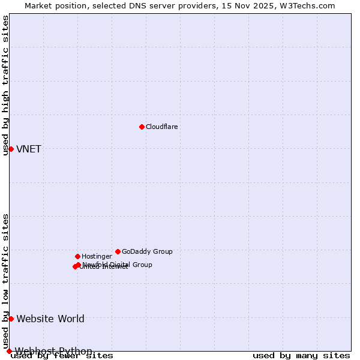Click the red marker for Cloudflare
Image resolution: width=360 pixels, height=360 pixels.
(142, 127)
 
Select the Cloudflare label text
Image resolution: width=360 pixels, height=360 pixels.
(162, 127)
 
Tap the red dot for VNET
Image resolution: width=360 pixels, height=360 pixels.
(11, 149)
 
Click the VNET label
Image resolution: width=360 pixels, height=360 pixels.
(29, 149)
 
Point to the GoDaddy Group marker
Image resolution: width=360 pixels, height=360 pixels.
(118, 251)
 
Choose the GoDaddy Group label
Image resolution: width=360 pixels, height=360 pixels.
(147, 251)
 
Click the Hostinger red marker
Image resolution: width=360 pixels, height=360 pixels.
(77, 256)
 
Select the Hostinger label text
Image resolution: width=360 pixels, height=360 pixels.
(97, 256)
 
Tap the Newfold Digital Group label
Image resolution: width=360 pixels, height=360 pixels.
(118, 265)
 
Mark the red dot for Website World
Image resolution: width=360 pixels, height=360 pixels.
(11, 319)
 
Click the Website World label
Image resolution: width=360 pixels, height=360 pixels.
(50, 319)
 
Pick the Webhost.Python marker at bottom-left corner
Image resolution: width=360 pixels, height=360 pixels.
(9, 351)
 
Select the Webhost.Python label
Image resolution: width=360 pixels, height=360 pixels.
(53, 351)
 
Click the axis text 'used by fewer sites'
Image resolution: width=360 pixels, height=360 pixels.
(62, 356)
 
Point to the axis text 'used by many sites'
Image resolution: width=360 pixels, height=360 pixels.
(301, 356)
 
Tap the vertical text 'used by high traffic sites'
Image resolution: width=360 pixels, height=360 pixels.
(5, 85)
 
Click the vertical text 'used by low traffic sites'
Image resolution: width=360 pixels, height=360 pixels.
(5, 281)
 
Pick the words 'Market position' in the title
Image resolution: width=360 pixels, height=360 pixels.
(52, 5)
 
